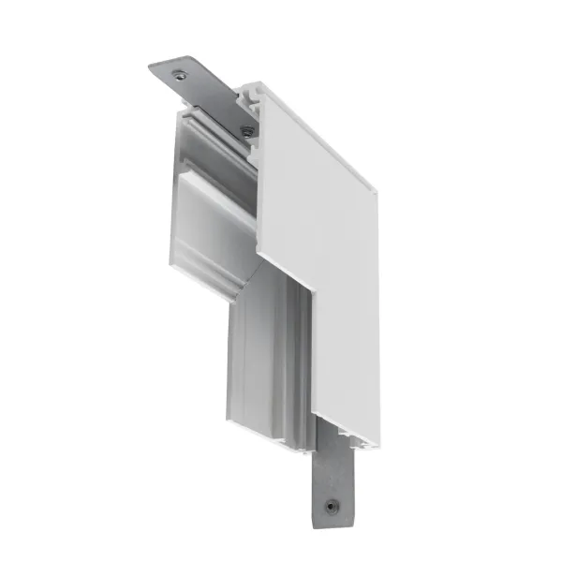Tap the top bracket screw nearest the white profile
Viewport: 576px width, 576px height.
[x=246, y=130]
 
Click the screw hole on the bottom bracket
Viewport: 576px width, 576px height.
[x=330, y=507]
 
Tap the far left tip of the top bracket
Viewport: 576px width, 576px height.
[x=150, y=68]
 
